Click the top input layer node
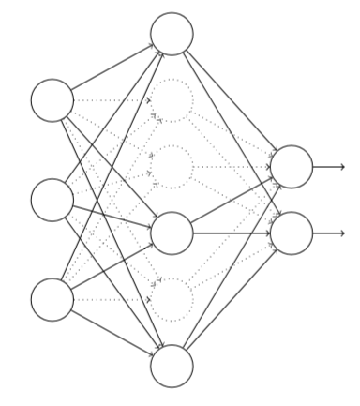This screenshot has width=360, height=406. pyautogui.click(x=52, y=100)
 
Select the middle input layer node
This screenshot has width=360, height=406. pyautogui.click(x=52, y=200)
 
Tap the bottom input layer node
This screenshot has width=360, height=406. pyautogui.click(x=52, y=300)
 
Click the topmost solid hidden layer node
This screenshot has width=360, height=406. pyautogui.click(x=172, y=34)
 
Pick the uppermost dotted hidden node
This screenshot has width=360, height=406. pyautogui.click(x=172, y=100)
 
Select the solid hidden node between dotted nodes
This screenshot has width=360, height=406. pyautogui.click(x=172, y=233)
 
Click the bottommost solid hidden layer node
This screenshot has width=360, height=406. pyautogui.click(x=172, y=366)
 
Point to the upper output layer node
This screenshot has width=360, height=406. pyautogui.click(x=291, y=167)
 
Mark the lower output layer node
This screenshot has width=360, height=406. pyautogui.click(x=291, y=233)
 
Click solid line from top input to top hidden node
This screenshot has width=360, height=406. pyautogui.click(x=112, y=68)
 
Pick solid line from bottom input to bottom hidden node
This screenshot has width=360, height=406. pyautogui.click(x=112, y=333)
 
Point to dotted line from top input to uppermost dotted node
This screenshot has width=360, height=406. pyautogui.click(x=112, y=100)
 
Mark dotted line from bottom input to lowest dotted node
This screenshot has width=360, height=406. pyautogui.click(x=112, y=300)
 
